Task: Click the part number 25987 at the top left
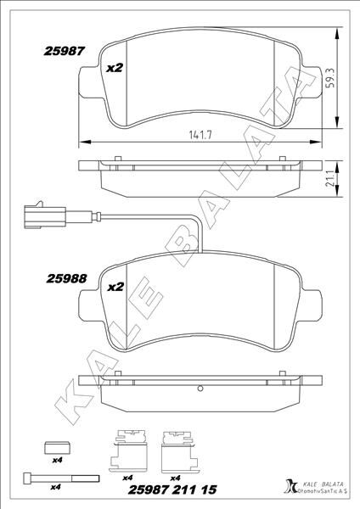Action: (x=64, y=51)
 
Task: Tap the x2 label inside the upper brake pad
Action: (x=115, y=69)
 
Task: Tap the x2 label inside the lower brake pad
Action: (x=115, y=288)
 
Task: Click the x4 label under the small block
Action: (x=57, y=461)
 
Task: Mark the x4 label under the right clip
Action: (x=176, y=478)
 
